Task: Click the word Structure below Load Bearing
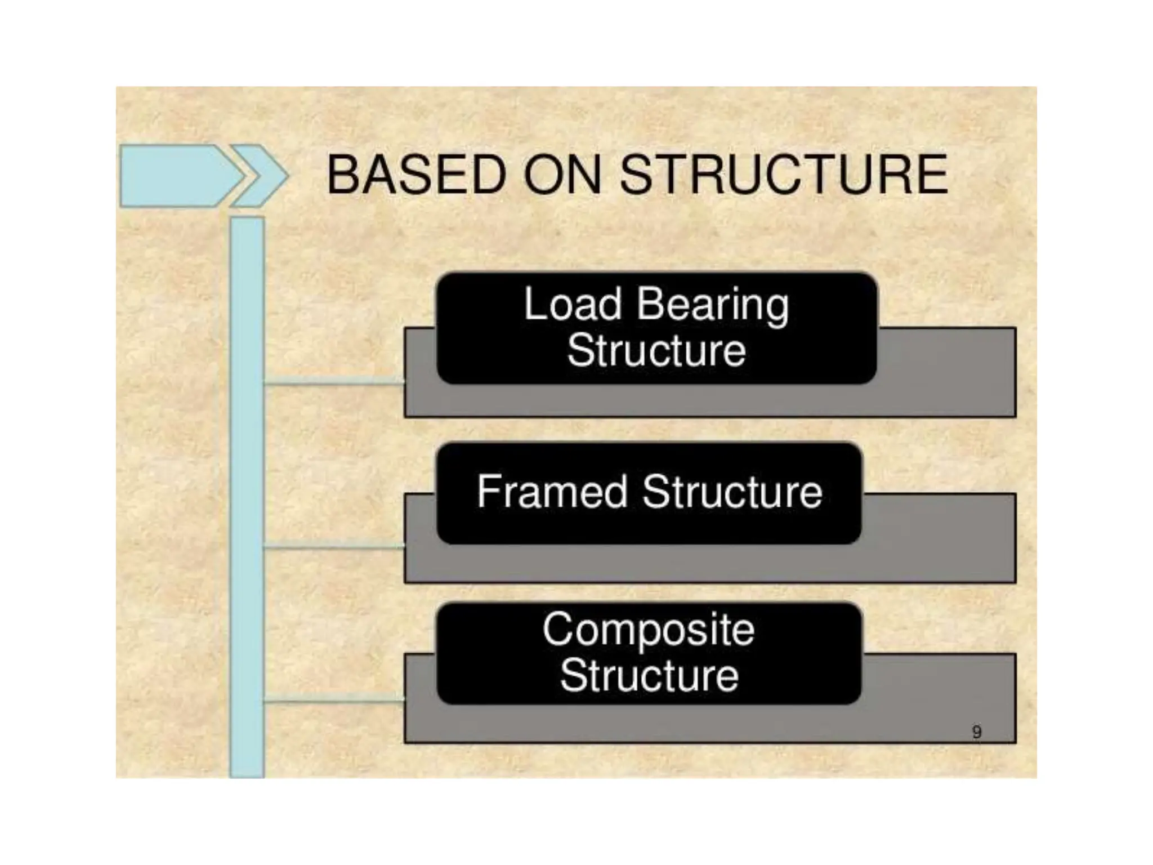pos(656,350)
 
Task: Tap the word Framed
pos(552,492)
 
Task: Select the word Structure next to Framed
pos(732,492)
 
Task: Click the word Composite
pos(649,630)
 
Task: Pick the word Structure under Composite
pos(649,675)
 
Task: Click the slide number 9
pos(977,732)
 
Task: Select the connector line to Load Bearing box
pos(334,383)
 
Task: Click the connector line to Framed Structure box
pos(334,546)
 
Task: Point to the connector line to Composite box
pos(334,701)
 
